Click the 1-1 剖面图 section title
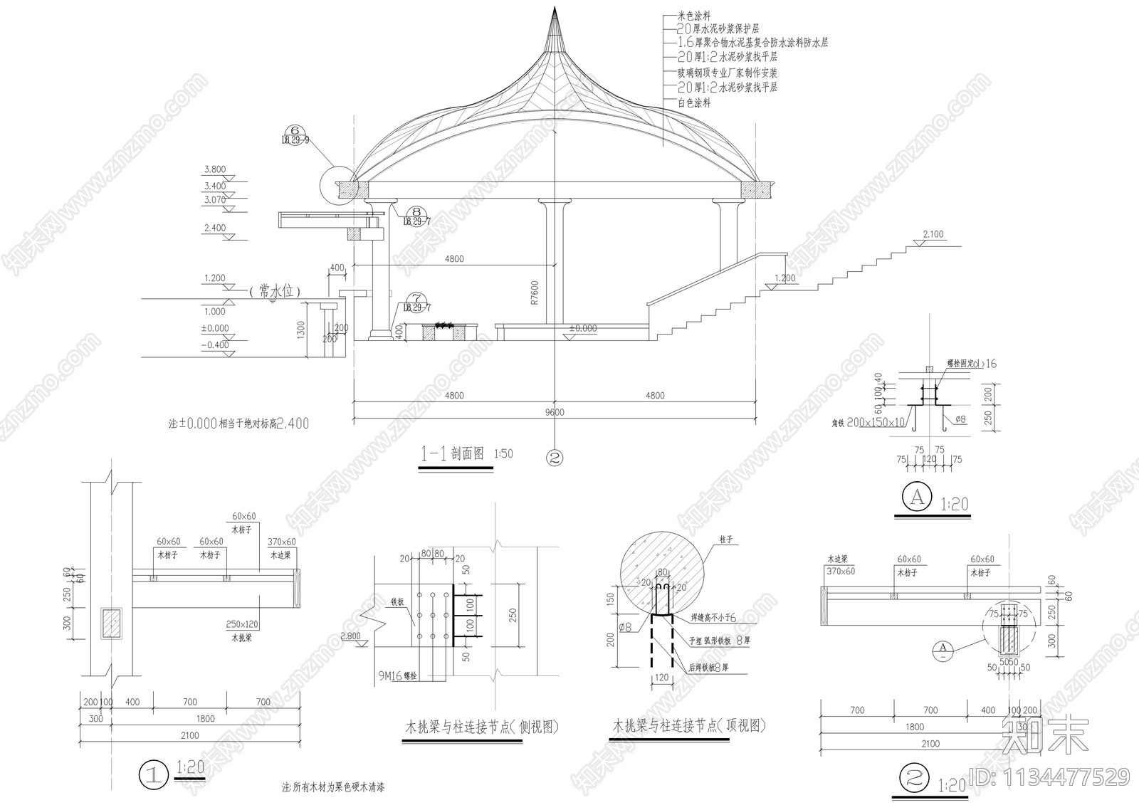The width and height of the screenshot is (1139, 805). point(453,454)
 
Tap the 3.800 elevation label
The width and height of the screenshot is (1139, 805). point(214,170)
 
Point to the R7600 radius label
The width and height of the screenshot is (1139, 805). point(535,292)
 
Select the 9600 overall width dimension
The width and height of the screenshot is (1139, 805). point(554,412)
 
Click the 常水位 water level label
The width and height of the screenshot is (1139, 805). point(275,291)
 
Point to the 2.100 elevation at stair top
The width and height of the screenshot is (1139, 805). point(933,234)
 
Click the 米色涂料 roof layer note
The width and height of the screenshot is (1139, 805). point(693,16)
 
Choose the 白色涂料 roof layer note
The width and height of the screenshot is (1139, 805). point(693,103)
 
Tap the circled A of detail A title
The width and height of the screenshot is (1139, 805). point(918,498)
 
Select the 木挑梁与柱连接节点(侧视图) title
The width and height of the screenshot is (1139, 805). point(482,727)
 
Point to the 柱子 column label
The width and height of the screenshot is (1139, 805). point(726,541)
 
